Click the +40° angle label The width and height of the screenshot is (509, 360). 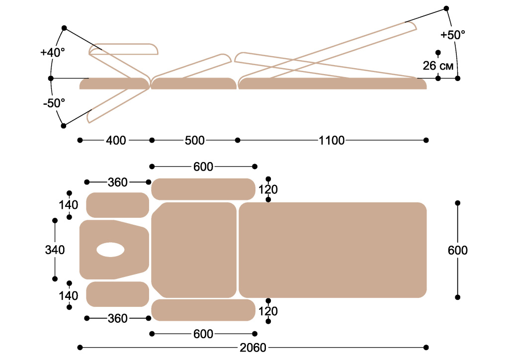click(53, 52)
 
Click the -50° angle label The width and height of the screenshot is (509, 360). click(54, 103)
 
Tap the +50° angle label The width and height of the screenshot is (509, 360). click(453, 35)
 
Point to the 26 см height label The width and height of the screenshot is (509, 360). click(438, 65)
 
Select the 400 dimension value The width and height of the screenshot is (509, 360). click(116, 141)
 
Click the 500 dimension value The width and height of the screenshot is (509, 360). click(194, 141)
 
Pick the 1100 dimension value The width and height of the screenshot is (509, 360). click(332, 141)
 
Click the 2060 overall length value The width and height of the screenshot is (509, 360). click(254, 347)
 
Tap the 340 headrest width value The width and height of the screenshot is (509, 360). click(55, 250)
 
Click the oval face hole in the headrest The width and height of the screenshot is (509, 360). click(110, 250)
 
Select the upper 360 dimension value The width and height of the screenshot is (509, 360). click(117, 182)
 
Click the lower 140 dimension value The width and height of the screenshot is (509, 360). click(68, 296)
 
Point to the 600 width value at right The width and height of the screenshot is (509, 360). click(457, 250)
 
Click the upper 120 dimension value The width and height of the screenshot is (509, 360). click(268, 189)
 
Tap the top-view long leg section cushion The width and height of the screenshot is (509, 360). click(333, 250)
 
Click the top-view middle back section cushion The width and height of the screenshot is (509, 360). click(194, 250)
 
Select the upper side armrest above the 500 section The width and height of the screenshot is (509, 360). click(203, 189)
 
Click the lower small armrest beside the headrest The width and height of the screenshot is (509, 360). click(118, 294)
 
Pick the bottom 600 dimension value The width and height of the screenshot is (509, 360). click(203, 333)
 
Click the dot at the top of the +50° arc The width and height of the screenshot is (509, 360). click(446, 8)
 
